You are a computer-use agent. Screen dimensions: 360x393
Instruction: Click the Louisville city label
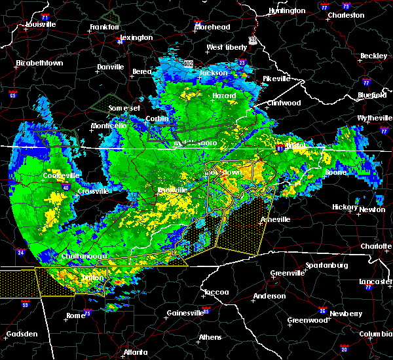coord(41,25)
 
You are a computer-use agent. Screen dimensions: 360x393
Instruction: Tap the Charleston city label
coord(346,15)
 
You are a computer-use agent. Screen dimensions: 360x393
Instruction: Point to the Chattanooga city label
coord(84,256)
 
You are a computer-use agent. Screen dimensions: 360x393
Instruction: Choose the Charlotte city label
coord(375,246)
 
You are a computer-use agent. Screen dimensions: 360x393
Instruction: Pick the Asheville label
coord(274,219)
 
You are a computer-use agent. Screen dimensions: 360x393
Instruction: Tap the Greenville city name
coord(286,273)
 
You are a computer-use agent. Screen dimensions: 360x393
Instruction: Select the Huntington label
coord(287,11)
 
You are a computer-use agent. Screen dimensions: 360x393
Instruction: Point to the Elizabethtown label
coord(39,63)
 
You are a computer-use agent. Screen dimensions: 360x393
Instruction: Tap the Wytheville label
coord(373,118)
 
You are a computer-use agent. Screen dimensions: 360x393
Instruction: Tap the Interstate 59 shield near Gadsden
coord(26,304)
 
